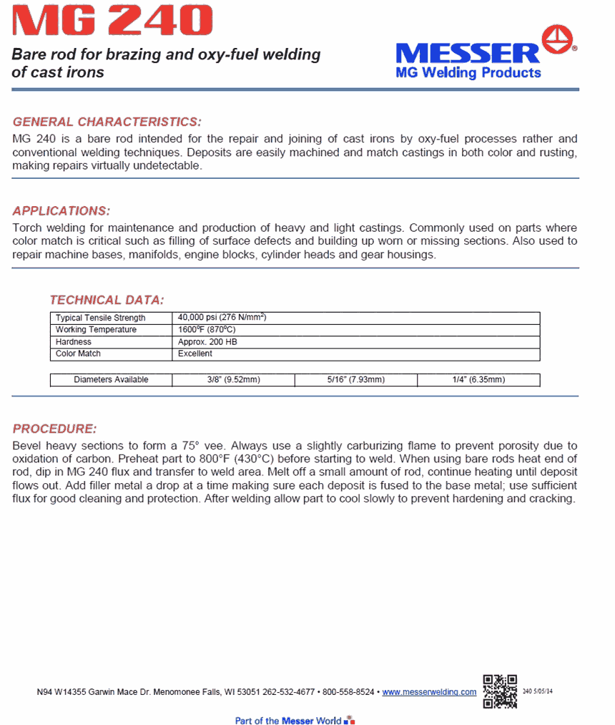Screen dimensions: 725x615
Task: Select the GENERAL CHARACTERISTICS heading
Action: point(107,122)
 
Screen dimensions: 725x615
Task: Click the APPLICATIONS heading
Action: point(62,211)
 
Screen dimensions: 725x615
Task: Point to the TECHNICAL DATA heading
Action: point(107,300)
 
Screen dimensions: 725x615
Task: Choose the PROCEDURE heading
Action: point(54,429)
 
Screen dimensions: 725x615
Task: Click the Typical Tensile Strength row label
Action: point(100,318)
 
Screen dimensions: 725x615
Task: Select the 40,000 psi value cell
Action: point(222,317)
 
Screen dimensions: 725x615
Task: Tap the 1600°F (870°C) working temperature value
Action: point(207,329)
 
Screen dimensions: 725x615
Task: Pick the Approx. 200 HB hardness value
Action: point(207,342)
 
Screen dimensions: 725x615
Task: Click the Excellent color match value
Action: point(195,354)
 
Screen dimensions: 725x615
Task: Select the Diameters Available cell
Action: point(111,380)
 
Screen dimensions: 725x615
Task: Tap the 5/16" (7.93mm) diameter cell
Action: point(355,380)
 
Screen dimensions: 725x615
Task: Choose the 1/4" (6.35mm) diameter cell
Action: point(478,380)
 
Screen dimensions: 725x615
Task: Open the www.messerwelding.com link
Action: point(429,692)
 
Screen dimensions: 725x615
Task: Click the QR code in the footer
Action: point(499,691)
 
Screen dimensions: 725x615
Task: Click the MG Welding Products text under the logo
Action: point(468,73)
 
